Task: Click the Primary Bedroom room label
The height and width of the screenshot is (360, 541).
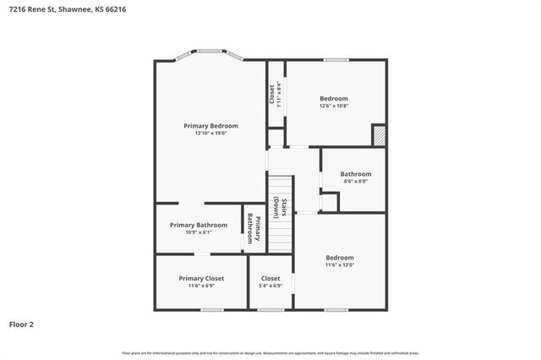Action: coord(210,125)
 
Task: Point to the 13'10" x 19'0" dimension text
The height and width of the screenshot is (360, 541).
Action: coord(210,133)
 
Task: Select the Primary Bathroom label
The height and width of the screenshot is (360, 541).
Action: coord(198,225)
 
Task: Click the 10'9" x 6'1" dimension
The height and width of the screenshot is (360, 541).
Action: coord(198,232)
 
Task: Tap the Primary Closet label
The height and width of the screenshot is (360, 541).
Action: coord(201,278)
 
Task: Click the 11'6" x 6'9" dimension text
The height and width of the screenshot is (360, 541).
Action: coord(201,286)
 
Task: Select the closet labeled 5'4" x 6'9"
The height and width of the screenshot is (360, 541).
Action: coord(270,281)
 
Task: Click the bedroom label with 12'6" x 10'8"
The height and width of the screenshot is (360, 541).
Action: coord(333,101)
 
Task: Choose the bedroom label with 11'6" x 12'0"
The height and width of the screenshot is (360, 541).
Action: coord(340,261)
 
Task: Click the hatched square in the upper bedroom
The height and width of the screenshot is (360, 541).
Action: coord(379,135)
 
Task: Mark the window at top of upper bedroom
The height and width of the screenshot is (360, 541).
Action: coord(336,59)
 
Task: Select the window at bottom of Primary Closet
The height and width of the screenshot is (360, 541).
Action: coord(211,310)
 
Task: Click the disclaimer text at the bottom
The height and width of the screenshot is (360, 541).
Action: coord(270,352)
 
